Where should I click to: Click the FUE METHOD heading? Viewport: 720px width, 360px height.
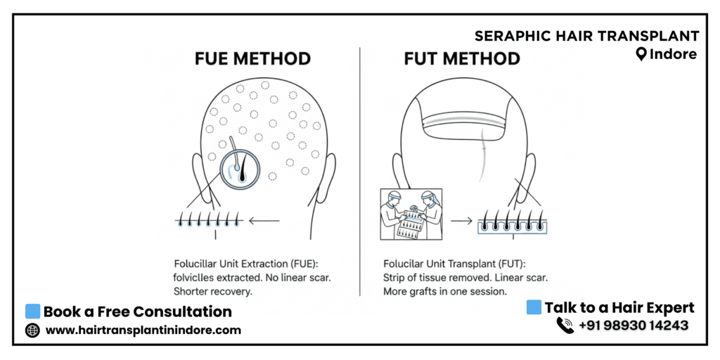[x=252, y=59]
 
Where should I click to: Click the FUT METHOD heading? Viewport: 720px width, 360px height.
[x=462, y=59]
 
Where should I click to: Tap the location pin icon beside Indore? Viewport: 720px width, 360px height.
[x=641, y=55]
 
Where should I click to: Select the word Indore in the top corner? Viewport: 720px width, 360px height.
[x=673, y=55]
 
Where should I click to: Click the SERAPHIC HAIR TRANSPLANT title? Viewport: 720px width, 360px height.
[x=587, y=36]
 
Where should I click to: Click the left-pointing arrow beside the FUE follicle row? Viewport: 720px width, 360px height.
[x=264, y=221]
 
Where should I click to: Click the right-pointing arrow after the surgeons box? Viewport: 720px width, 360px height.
[x=461, y=221]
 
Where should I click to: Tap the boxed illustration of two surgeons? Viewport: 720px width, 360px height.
[x=411, y=214]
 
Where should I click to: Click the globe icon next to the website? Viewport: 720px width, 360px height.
[x=32, y=330]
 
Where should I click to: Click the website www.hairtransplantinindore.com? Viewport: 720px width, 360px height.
[x=143, y=330]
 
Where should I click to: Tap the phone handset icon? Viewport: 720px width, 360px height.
[x=565, y=325]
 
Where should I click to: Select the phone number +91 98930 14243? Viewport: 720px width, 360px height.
[x=634, y=326]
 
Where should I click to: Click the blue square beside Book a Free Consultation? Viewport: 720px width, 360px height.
[x=32, y=311]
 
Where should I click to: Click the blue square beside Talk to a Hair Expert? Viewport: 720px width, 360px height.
[x=534, y=307]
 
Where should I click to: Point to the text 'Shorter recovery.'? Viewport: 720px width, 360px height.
[x=213, y=291]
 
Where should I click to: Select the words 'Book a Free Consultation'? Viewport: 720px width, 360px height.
[x=138, y=311]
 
